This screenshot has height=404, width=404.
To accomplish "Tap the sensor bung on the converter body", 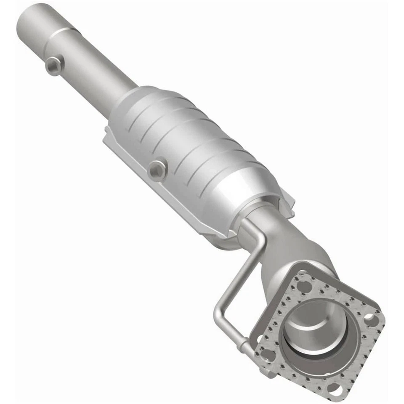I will click(x=158, y=169).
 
